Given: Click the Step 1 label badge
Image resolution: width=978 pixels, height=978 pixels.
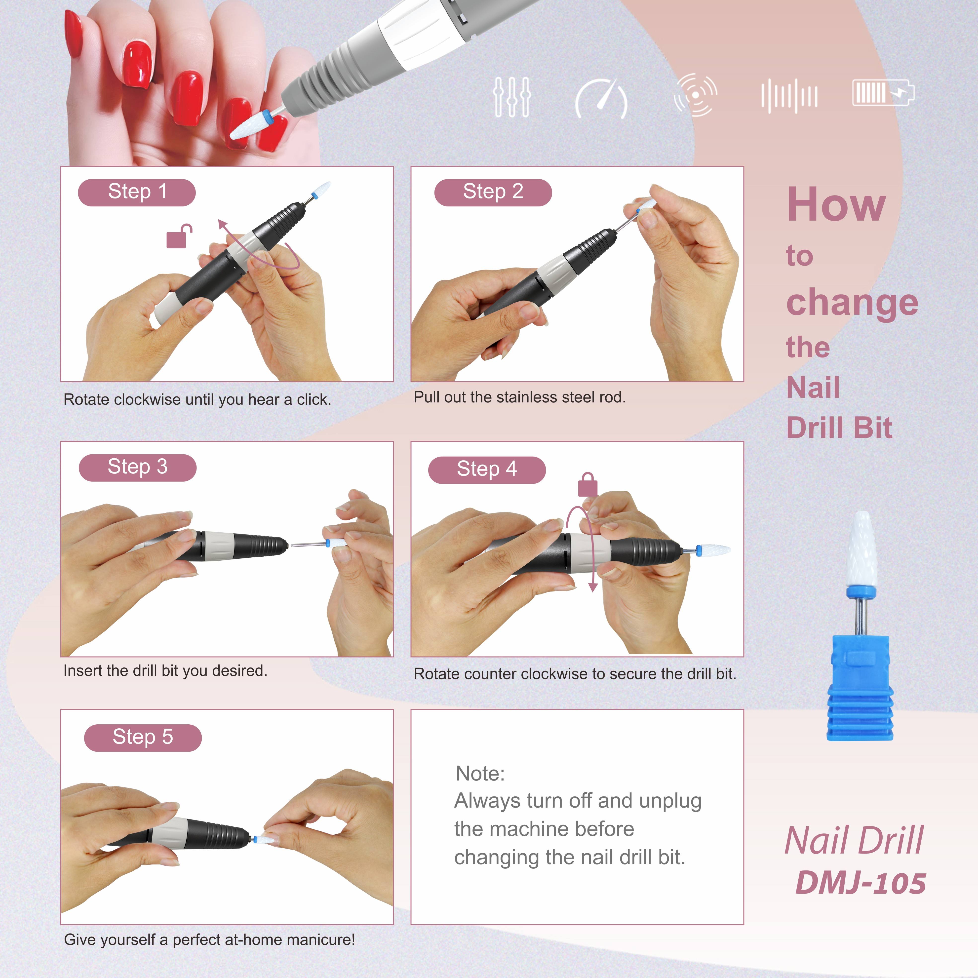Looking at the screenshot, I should (x=137, y=192).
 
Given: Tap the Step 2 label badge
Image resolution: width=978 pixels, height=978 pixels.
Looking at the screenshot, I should (x=493, y=192).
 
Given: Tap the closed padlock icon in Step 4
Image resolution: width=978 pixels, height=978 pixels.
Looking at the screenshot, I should (x=588, y=485).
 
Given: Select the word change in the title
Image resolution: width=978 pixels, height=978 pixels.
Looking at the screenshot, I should (x=852, y=302).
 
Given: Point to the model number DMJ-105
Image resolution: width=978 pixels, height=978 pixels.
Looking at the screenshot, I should (x=860, y=883).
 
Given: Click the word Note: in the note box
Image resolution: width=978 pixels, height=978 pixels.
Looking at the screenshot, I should (x=480, y=774).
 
